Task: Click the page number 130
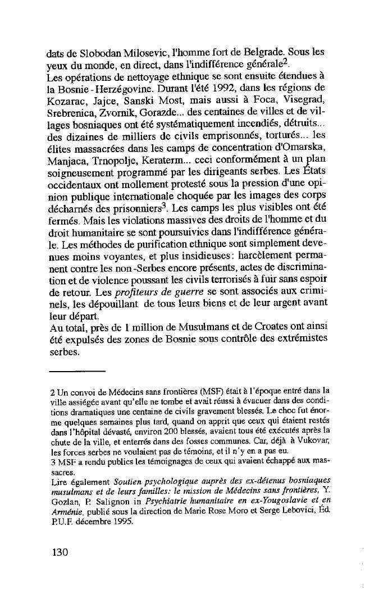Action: [58, 552]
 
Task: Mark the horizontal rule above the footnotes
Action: [76, 372]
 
